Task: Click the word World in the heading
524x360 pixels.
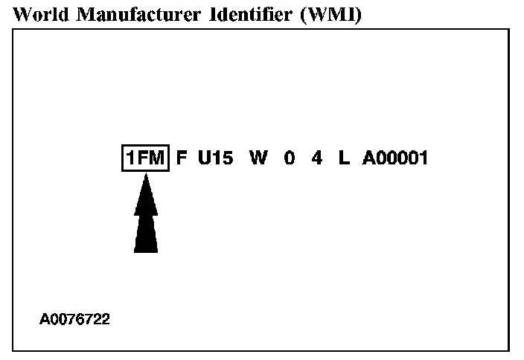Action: (x=37, y=14)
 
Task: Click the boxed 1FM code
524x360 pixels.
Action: (x=146, y=158)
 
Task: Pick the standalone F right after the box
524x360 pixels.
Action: (x=182, y=158)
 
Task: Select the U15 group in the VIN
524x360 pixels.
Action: (x=215, y=158)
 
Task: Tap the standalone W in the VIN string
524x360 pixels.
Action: (x=258, y=158)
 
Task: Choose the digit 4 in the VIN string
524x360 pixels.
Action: (x=317, y=158)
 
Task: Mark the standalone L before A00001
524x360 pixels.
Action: (x=343, y=158)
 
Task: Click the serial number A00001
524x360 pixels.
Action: (x=394, y=158)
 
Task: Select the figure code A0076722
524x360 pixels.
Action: (x=74, y=319)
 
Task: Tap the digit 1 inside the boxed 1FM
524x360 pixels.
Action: (x=130, y=158)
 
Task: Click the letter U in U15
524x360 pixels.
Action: (x=205, y=158)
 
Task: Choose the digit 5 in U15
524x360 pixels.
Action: (x=226, y=158)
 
